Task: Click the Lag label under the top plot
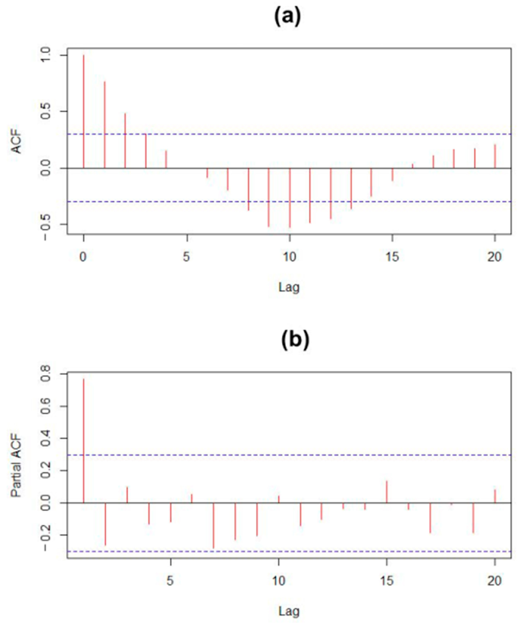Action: click(x=289, y=287)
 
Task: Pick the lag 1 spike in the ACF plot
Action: click(x=104, y=125)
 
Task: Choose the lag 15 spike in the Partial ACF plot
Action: click(x=386, y=492)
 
